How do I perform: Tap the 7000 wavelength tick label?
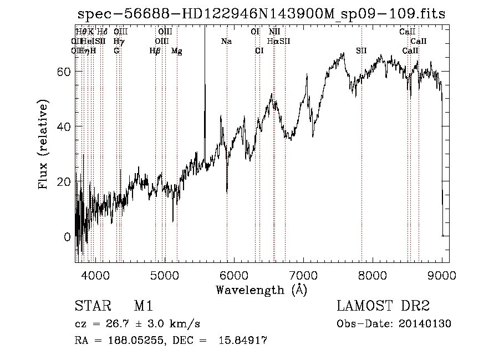[303, 275]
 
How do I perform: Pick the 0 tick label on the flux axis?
[67, 237]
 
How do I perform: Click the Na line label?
[226, 41]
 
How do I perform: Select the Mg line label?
[176, 51]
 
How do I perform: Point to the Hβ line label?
[155, 51]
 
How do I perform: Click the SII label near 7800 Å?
[361, 51]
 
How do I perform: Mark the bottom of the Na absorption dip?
[227, 192]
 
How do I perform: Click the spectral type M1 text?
[143, 307]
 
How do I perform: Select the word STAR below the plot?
[91, 307]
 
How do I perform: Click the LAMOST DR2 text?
[383, 307]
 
